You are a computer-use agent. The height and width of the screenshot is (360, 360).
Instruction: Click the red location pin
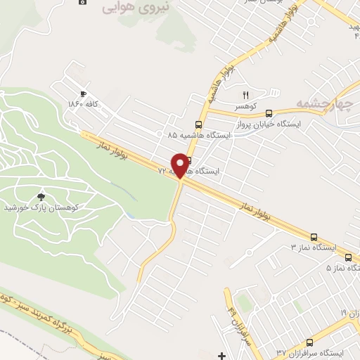181,165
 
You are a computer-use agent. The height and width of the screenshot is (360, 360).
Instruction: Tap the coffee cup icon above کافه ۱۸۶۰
83,94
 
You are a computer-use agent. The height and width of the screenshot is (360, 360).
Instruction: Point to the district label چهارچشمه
322,104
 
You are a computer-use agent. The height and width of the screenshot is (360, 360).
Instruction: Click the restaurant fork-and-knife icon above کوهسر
246,95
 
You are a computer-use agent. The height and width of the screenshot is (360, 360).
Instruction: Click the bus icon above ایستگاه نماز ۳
314,238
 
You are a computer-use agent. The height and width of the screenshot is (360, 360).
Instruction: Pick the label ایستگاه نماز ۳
314,248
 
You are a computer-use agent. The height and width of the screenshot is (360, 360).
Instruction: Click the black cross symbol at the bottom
222,355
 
